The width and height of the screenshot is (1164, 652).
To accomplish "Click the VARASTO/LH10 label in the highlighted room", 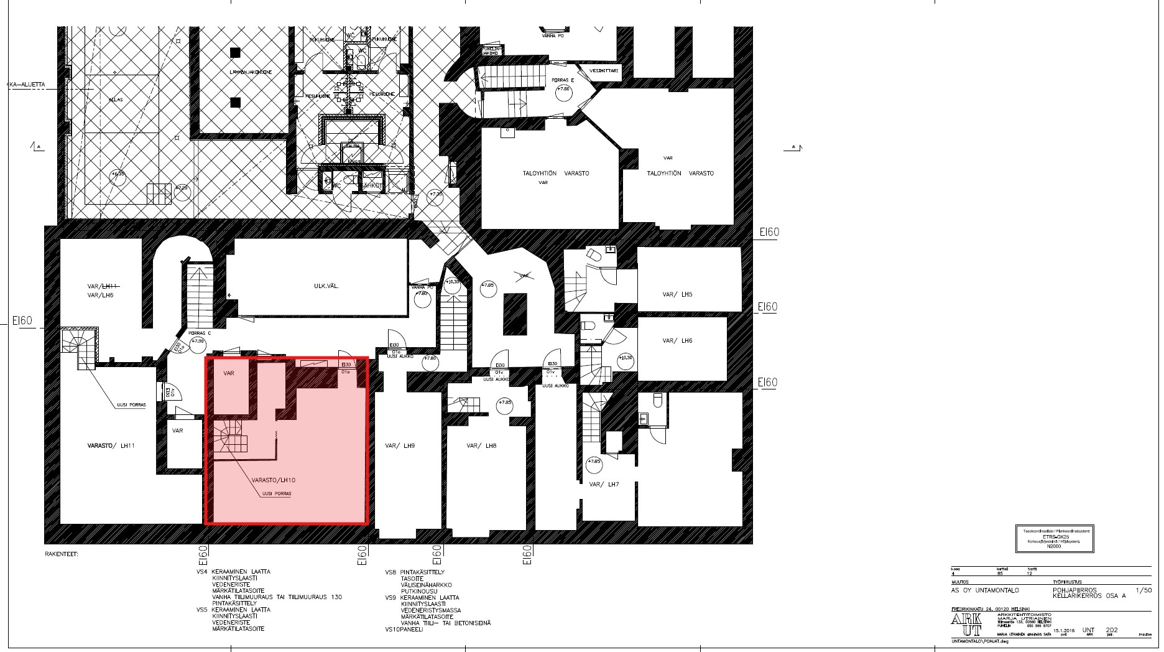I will point(273,480).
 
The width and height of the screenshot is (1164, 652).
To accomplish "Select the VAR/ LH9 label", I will point(400,446).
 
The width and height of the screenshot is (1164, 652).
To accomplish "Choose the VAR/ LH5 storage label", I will point(677,294).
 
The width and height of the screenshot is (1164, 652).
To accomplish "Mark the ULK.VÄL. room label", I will point(326,286).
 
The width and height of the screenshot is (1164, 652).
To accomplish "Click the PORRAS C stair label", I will point(200,332).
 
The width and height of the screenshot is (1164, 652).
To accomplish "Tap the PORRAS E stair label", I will point(563,80).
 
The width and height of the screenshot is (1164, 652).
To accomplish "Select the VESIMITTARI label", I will point(606,71).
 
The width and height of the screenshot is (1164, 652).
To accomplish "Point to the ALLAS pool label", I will point(116,100).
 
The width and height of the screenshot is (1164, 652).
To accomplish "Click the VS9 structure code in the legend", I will point(390,598).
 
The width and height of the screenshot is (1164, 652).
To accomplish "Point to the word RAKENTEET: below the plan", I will point(62,553).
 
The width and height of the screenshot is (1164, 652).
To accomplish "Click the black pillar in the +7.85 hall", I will point(515,314).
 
